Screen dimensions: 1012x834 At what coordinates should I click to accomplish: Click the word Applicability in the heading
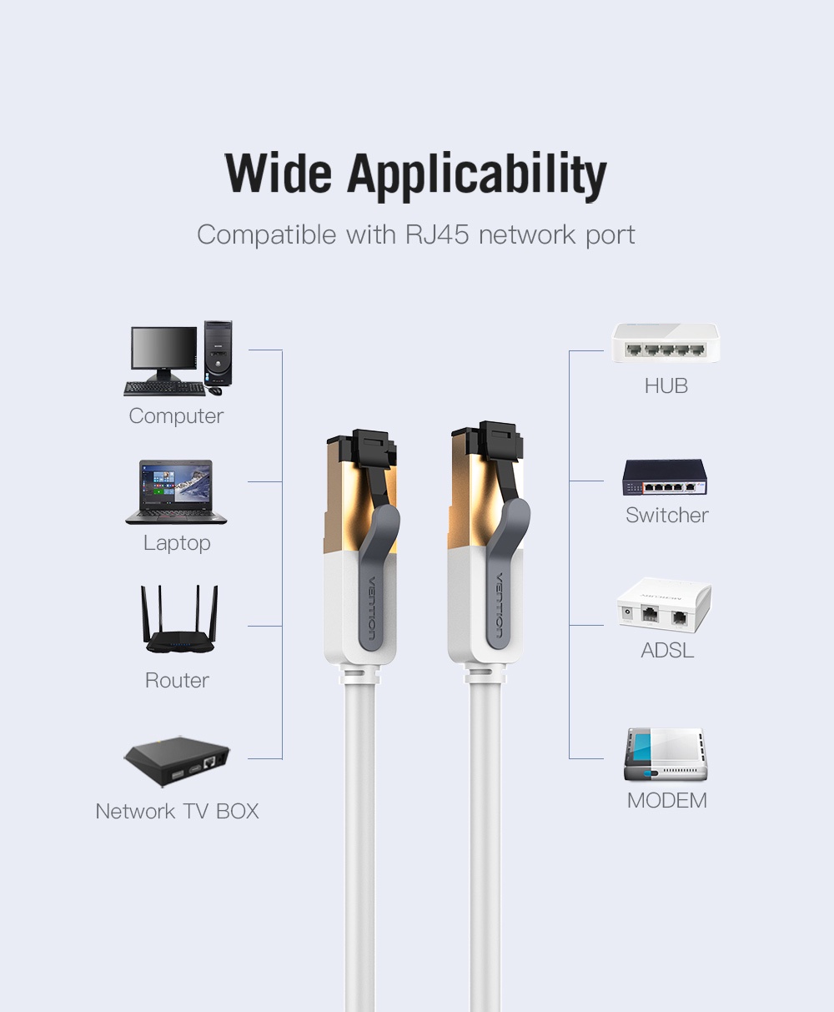pyautogui.click(x=477, y=175)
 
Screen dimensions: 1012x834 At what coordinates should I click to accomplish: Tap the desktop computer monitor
pyautogui.click(x=163, y=350)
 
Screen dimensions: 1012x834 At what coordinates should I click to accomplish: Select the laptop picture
pyautogui.click(x=175, y=492)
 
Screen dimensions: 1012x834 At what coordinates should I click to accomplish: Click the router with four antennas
pyautogui.click(x=176, y=622)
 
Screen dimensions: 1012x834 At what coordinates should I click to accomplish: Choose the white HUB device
pyautogui.click(x=666, y=343)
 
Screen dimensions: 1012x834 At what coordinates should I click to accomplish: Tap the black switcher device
pyautogui.click(x=665, y=479)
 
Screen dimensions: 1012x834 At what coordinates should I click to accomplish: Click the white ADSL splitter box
pyautogui.click(x=664, y=607)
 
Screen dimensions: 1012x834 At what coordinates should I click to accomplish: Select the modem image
pyautogui.click(x=666, y=756)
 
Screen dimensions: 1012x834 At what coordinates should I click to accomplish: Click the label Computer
pyautogui.click(x=176, y=415)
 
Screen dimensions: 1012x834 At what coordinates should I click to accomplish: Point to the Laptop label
pyautogui.click(x=177, y=543)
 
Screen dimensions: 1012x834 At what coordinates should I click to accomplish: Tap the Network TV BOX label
pyautogui.click(x=177, y=811)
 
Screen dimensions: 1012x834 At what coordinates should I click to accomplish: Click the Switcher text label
pyautogui.click(x=666, y=515)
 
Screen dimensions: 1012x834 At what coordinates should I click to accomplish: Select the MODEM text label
pyautogui.click(x=666, y=801)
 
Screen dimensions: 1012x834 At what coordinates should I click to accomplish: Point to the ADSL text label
pyautogui.click(x=667, y=650)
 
